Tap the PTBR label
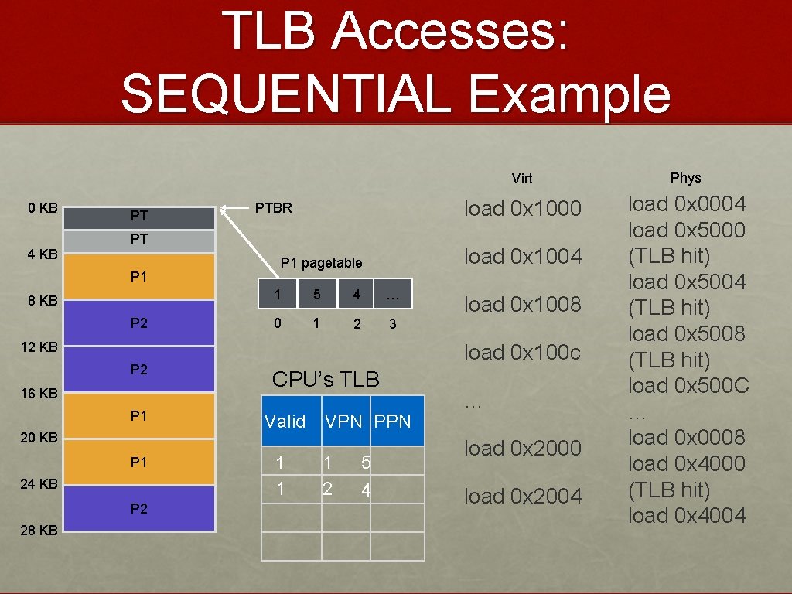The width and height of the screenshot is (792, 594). (x=274, y=208)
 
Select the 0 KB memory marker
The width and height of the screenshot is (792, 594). (x=43, y=208)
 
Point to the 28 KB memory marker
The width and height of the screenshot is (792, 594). (x=39, y=531)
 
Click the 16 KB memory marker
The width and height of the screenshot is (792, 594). (x=39, y=393)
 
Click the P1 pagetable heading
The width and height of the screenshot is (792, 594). (x=321, y=263)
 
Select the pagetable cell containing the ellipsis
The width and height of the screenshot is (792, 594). (x=392, y=295)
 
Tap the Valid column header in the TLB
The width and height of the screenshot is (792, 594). (x=285, y=422)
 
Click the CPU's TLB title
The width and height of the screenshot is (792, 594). (x=326, y=380)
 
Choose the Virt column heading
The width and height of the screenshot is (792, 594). (x=522, y=179)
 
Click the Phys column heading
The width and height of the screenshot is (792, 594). (x=685, y=178)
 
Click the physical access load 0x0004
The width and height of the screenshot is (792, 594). (x=687, y=204)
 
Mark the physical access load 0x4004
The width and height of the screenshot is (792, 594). (x=687, y=515)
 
